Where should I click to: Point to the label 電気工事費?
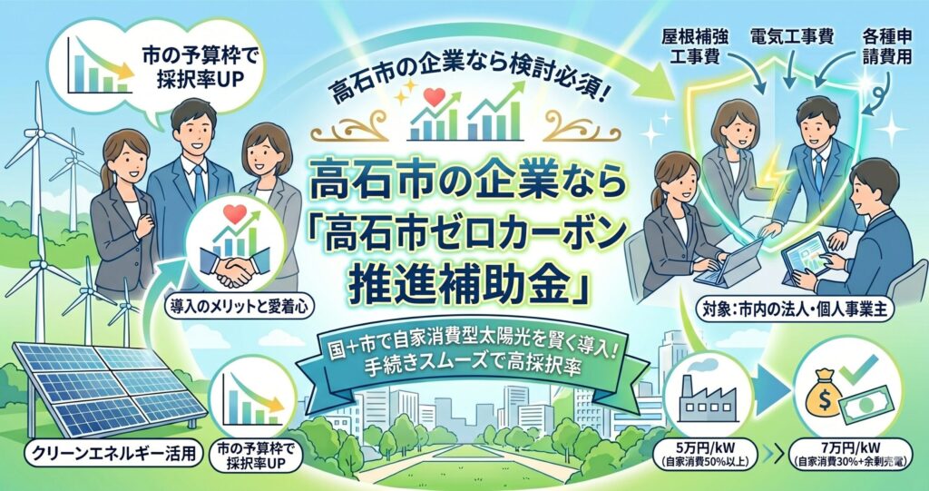pos(791,38)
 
